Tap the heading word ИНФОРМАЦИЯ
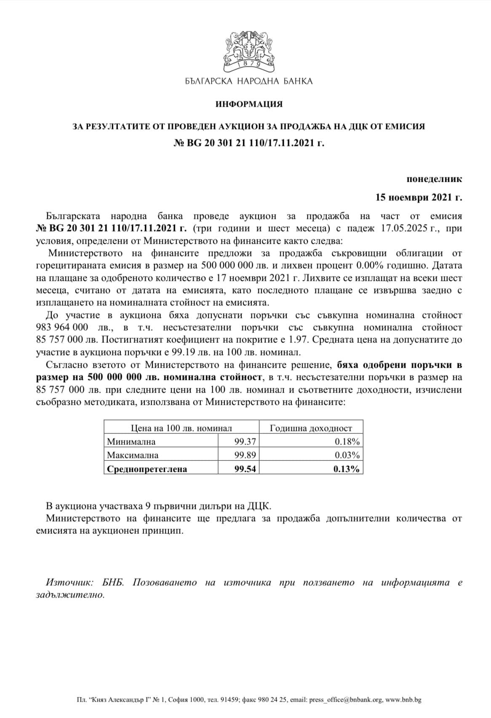coord(249,104)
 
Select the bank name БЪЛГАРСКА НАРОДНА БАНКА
coord(249,81)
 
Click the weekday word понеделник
coord(434,179)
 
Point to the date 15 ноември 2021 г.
coord(419,197)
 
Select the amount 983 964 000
coord(62,328)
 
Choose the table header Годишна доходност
coord(311,428)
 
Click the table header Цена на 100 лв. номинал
coord(181,428)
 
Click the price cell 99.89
coord(245,455)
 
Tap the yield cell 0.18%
coord(347,442)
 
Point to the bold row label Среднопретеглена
coord(147,469)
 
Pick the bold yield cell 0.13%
coord(346,469)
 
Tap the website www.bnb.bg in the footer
coord(403,700)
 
